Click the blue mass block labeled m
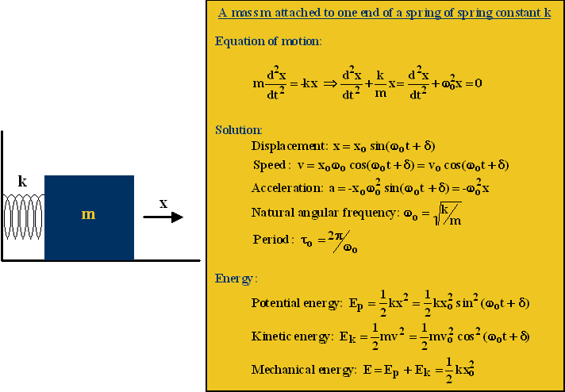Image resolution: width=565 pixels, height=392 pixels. (89, 217)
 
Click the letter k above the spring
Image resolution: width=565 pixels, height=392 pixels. (22, 182)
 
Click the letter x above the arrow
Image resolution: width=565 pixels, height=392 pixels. (163, 203)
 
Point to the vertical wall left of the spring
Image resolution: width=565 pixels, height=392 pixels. (2, 194)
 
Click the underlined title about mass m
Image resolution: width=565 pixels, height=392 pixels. (385, 14)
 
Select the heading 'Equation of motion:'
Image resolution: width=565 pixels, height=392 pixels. (268, 41)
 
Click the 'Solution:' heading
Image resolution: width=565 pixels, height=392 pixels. (238, 129)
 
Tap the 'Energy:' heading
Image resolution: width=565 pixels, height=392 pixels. (236, 279)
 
